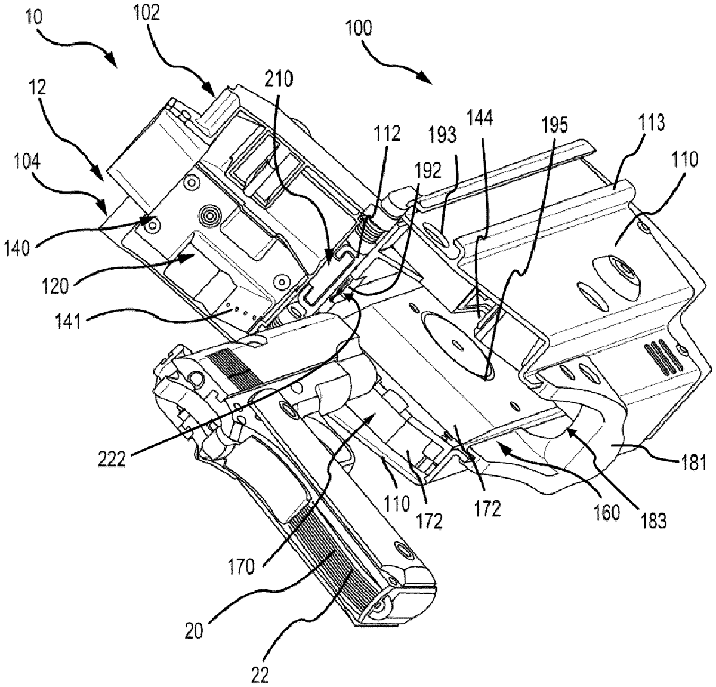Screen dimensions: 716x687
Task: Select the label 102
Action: click(146, 14)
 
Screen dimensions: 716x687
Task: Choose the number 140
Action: click(17, 249)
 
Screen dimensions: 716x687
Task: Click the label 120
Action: click(55, 286)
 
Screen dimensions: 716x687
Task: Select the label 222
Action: click(112, 460)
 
